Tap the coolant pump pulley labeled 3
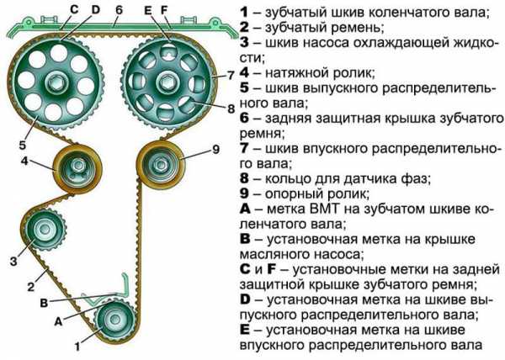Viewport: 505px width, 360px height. (x=42, y=229)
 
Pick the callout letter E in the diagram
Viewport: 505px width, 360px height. (x=147, y=10)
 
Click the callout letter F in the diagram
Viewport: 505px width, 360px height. (x=164, y=10)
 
